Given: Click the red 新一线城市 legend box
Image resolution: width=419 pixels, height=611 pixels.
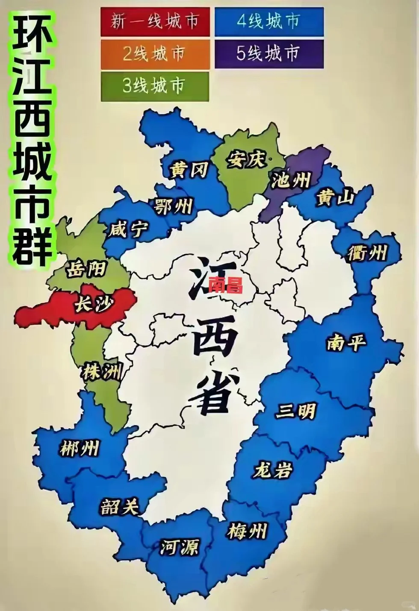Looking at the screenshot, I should tap(155, 21).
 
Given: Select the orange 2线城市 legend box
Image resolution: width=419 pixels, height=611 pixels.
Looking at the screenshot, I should tap(155, 54).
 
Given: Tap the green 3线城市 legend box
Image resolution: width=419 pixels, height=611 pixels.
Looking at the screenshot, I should tap(155, 86).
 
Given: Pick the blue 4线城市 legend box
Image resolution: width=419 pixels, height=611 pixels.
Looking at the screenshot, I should tap(269, 21).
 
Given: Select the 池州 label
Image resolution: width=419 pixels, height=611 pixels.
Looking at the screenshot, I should tap(291, 180).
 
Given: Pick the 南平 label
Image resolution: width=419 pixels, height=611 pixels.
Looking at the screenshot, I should tap(347, 342).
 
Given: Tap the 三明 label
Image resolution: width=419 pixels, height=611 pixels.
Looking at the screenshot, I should tap(296, 411).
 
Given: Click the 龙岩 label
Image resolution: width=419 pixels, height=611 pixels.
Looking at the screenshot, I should tap(273, 470).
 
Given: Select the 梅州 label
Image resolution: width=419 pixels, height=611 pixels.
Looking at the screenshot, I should tap(247, 532).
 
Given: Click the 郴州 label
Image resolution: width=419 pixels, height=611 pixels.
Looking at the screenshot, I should tap(80, 449).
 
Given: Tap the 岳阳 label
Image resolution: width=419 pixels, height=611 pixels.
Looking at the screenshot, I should tap(87, 270).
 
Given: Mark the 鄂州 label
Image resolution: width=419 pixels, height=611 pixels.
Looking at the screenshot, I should tap(174, 207).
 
